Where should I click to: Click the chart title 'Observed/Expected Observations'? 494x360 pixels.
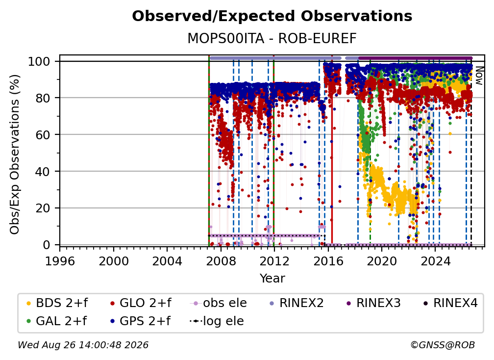[x=272, y=16]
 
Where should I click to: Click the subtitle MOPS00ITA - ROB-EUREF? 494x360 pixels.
[x=272, y=38]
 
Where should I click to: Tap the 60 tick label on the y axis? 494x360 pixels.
[x=43, y=135]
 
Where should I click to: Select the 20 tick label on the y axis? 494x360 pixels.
[x=43, y=208]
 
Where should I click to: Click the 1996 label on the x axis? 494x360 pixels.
[x=60, y=261]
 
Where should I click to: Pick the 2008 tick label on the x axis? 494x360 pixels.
[x=221, y=261]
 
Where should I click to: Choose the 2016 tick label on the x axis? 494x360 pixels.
[x=328, y=261]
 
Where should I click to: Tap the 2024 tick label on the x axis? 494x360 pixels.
[x=435, y=261]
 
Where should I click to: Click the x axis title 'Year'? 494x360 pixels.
[x=272, y=279]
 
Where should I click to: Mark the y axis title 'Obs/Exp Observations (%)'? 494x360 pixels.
[x=15, y=154]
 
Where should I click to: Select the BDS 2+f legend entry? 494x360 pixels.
[x=57, y=303]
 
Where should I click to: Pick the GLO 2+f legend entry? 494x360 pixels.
[x=141, y=303]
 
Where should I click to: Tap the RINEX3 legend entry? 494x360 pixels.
[x=373, y=303]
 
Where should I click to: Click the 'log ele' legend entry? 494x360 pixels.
[x=217, y=321]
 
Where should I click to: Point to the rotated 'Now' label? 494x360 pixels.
[x=479, y=76]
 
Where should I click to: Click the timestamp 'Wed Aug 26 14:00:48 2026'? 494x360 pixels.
[x=83, y=345]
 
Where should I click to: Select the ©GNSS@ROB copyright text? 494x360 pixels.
[x=443, y=345]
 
